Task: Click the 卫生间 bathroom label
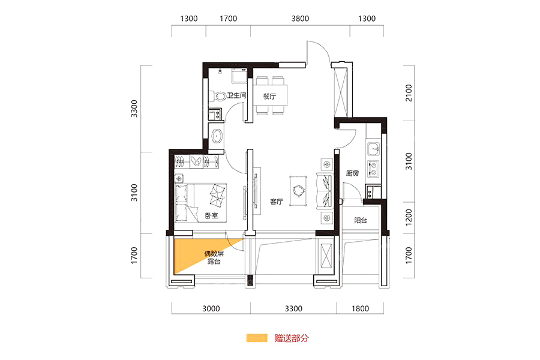[x=236, y=95]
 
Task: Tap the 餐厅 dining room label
[x=269, y=96]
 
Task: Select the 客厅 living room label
[x=277, y=202]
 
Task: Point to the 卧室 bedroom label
[x=211, y=215]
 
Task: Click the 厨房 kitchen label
[x=353, y=173]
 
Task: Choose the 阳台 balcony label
[x=361, y=220]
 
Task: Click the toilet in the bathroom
[x=217, y=96]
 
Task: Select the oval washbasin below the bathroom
[x=217, y=136]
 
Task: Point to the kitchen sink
[x=373, y=149]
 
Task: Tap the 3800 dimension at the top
[x=301, y=19]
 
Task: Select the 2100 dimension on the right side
[x=409, y=92]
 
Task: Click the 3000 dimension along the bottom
[x=211, y=308]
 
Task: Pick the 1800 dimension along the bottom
[x=360, y=308]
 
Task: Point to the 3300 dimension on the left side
[x=134, y=109]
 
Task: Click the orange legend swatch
[x=257, y=338]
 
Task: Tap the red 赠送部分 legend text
[x=292, y=338]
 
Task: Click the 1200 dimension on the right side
[x=409, y=217]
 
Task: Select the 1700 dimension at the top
[x=229, y=19]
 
